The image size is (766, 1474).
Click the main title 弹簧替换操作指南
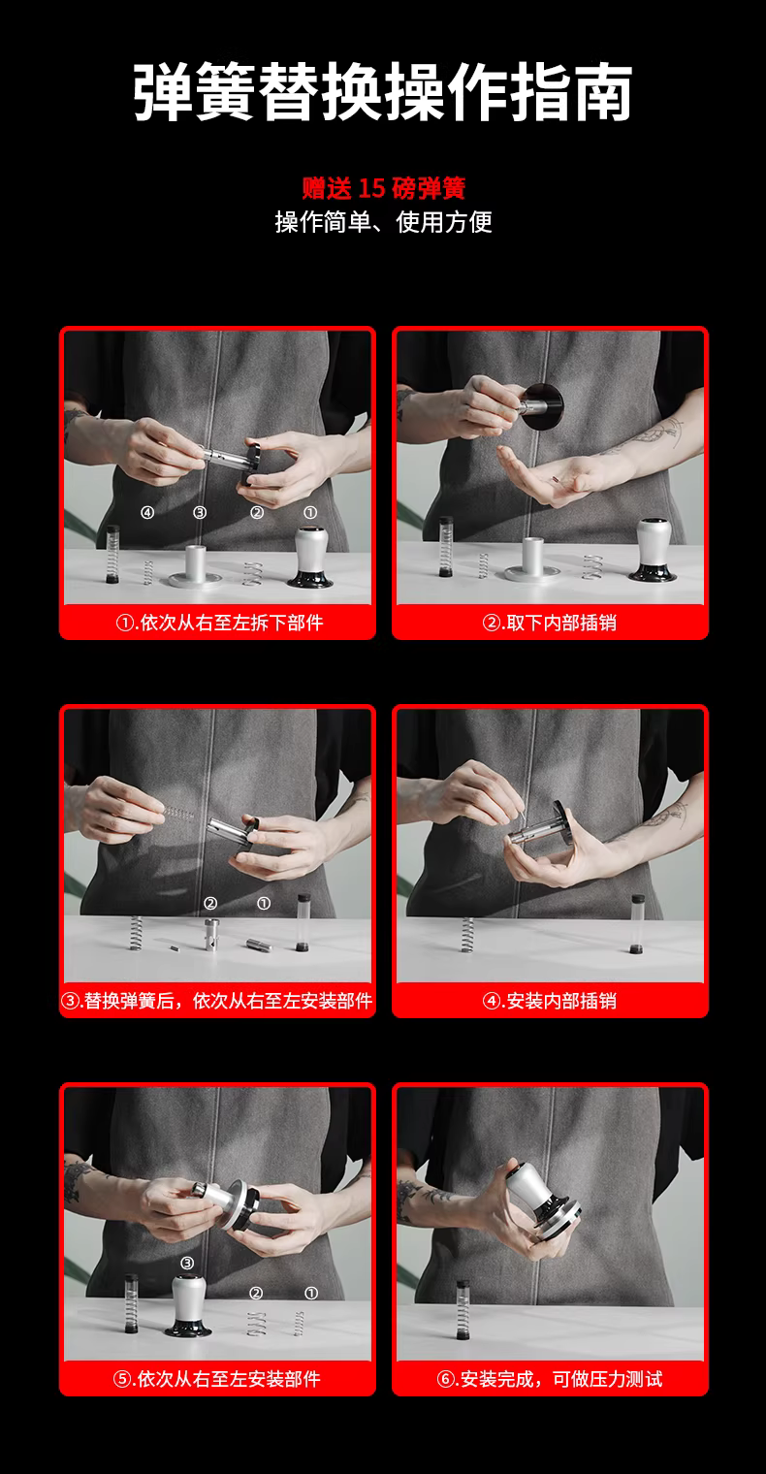point(382,91)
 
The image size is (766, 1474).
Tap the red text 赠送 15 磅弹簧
point(384,188)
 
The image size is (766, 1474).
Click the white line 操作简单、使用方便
point(383,222)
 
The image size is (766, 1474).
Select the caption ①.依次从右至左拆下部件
point(219,623)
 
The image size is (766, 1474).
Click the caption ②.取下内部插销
point(550,623)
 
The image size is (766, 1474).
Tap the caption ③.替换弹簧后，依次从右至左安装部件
point(217,1001)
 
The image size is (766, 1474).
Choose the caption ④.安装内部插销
point(550,1001)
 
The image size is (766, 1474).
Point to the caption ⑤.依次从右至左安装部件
point(217,1379)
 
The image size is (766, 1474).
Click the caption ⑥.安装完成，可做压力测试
point(550,1379)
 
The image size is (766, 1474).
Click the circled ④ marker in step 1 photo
point(147,512)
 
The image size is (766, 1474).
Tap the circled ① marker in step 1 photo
point(310,512)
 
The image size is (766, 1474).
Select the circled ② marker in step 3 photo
point(210,904)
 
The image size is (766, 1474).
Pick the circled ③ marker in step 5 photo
point(187,1263)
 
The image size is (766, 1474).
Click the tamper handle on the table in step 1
point(310,557)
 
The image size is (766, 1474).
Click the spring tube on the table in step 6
point(463,1309)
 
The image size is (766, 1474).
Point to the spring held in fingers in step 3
point(178,814)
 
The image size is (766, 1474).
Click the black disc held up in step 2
point(543,406)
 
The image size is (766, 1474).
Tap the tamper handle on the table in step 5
point(189,1306)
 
